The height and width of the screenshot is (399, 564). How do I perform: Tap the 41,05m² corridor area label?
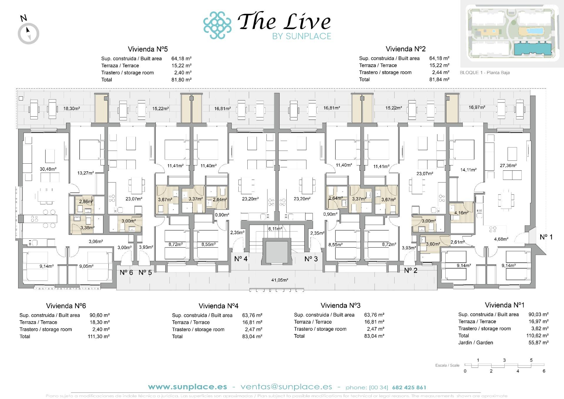[279, 280]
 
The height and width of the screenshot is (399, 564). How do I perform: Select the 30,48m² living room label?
[48, 169]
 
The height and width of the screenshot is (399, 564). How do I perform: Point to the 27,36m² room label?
[508, 165]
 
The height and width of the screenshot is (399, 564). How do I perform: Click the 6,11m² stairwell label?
[275, 229]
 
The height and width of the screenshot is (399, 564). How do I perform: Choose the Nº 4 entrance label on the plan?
[241, 259]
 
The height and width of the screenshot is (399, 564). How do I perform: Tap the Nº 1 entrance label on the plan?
[546, 237]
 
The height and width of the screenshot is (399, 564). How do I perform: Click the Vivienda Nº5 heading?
[148, 49]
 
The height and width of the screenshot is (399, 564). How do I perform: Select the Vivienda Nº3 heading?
[340, 306]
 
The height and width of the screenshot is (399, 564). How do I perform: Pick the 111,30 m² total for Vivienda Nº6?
[99, 336]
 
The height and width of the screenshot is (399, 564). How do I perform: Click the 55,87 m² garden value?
[538, 343]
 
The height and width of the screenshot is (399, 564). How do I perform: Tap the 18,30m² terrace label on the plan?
[72, 108]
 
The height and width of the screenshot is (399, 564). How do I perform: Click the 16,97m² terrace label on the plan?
[477, 108]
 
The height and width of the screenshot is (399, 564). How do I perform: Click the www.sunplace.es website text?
[187, 387]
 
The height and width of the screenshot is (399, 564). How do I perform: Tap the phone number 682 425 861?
[409, 388]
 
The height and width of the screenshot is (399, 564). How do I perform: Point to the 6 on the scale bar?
[544, 371]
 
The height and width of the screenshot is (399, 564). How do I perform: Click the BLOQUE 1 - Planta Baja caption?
[485, 73]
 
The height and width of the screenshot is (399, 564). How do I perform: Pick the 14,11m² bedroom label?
[468, 170]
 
